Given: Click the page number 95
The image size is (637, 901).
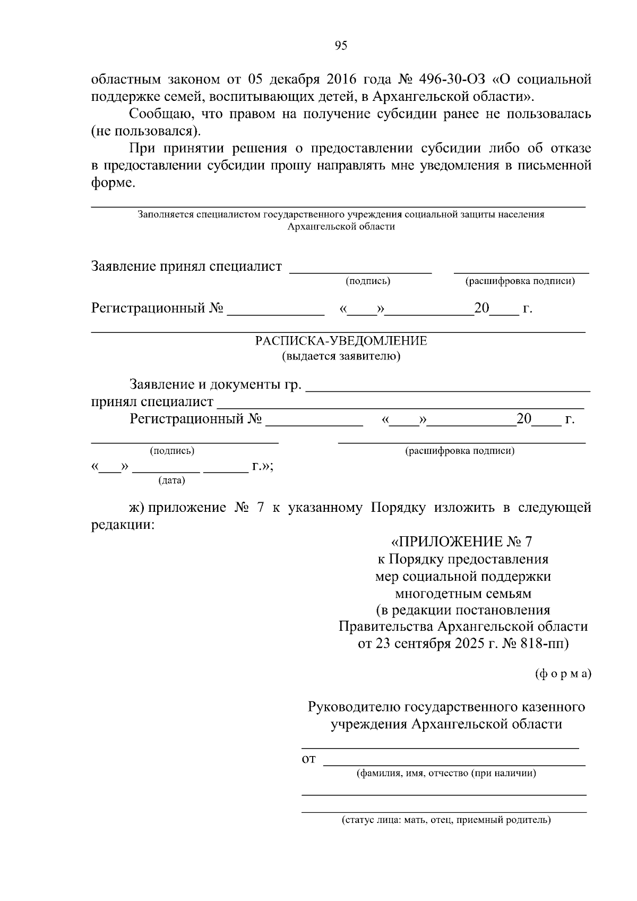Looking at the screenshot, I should pos(341,46).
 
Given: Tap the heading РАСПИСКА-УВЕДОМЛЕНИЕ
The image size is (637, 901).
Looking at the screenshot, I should pos(341,341).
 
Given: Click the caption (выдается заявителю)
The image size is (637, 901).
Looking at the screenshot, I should pos(341,356).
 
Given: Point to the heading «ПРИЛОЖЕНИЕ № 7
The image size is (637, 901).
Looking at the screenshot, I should pos(461,542).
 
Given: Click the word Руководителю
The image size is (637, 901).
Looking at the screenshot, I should pos(355,707).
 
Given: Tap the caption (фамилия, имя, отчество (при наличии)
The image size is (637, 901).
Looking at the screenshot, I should pos(446,773).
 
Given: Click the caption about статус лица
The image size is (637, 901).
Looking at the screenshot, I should pos(446,820).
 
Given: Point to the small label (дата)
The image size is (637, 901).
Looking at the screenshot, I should pos(171,481).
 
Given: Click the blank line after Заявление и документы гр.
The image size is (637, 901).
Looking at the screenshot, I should pos(449,390).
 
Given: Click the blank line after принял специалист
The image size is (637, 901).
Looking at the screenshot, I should pos(401,407).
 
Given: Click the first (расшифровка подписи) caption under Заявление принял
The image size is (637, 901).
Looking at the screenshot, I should pos(520,281).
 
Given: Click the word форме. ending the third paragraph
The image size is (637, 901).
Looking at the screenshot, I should pos(114,183).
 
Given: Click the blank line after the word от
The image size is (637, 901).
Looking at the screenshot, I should pos(454,765).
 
